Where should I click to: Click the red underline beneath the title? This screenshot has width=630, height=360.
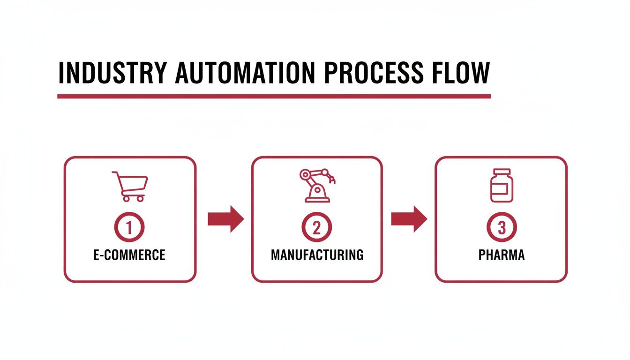coord(274,96)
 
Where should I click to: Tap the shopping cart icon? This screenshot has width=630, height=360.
coord(130,186)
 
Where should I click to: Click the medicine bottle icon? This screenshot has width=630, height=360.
coord(501,185)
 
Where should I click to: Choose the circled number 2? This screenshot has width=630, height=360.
coord(317,227)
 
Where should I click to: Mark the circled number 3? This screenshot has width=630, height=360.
coord(501,227)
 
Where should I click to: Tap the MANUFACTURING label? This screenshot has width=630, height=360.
coord(317,255)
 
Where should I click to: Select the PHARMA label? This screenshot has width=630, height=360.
coord(501,255)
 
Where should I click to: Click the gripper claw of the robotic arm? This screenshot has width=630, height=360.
coord(333,179)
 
